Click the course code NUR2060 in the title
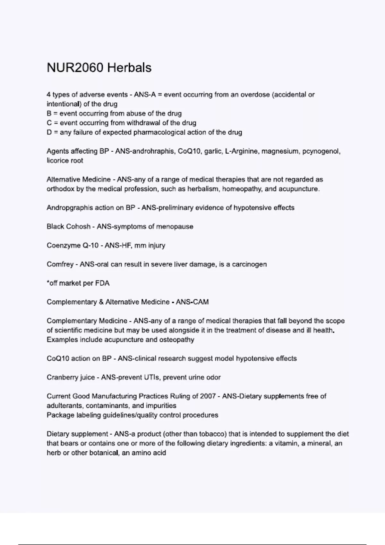click(x=75, y=68)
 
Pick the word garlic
click(x=213, y=151)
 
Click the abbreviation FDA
click(x=102, y=283)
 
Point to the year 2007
click(x=208, y=397)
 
